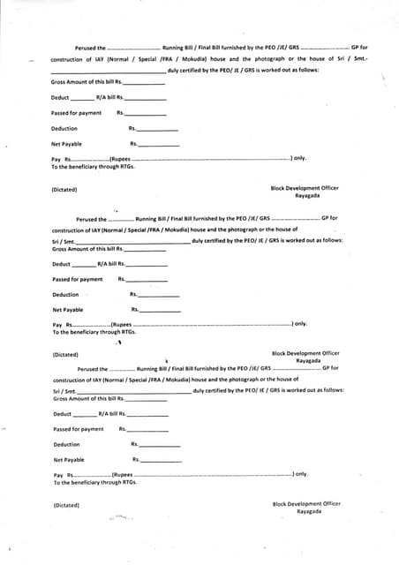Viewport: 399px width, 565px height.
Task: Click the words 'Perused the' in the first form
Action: (89, 47)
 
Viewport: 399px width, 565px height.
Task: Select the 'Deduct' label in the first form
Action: (60, 97)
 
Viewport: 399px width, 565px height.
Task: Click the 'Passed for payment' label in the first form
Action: (76, 113)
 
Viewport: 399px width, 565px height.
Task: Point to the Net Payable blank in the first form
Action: (159, 145)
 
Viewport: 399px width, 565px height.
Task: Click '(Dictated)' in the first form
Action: (64, 189)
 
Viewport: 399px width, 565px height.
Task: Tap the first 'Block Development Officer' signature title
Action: (305, 188)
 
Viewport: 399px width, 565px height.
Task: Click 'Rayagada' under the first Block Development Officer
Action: (307, 196)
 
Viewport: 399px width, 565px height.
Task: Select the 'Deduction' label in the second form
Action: (65, 295)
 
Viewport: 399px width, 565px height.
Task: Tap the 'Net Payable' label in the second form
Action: (68, 310)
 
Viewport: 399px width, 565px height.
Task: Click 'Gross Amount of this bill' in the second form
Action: (84, 249)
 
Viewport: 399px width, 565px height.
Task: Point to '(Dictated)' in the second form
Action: (65, 354)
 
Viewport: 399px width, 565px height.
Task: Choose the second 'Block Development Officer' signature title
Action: (305, 353)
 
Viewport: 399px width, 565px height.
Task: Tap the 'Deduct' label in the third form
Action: (62, 414)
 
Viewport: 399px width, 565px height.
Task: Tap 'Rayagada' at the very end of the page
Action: (309, 511)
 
